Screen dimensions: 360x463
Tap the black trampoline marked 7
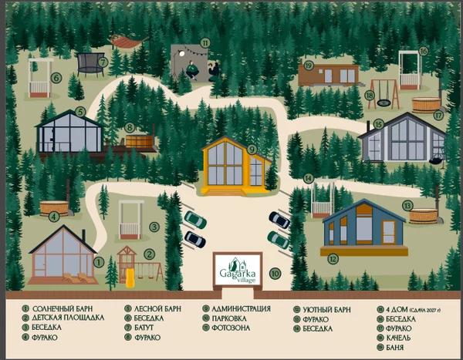tap(92, 64)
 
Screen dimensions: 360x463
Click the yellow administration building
tap(234, 165)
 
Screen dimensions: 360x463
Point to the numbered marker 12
tap(334, 259)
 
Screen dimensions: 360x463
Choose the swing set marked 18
tap(384, 93)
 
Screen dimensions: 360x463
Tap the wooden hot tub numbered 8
tap(140, 143)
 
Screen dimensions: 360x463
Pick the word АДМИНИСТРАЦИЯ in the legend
tap(242, 309)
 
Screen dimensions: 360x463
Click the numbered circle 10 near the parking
tap(275, 273)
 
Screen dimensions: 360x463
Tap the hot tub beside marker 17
tap(424, 104)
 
